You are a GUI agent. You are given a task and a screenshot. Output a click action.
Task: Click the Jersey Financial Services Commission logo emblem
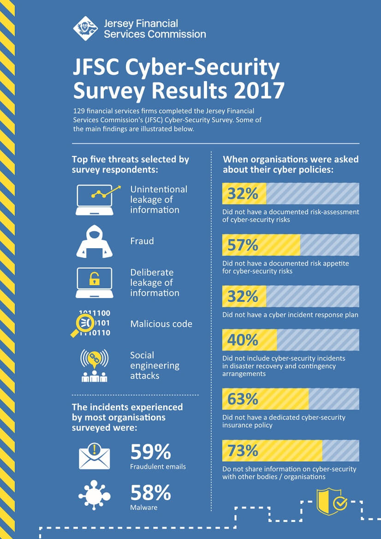[x=85, y=28]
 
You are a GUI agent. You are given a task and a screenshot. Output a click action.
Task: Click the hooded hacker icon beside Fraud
[x=94, y=241]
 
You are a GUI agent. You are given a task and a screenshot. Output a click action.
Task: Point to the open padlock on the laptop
[x=94, y=279]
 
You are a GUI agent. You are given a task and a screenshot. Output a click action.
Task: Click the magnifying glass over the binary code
[x=83, y=323]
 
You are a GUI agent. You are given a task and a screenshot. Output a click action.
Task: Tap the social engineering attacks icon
[x=94, y=365]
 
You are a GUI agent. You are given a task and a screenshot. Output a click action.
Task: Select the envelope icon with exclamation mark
[x=95, y=455]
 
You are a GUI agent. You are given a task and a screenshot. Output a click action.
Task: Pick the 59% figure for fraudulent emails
[x=150, y=452]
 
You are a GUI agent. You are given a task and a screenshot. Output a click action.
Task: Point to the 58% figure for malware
[x=150, y=493]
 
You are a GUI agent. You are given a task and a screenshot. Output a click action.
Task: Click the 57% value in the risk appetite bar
[x=243, y=245]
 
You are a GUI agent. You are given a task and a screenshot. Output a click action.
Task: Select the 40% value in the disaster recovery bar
[x=243, y=340]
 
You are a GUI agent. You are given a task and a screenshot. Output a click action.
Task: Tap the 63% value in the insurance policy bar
[x=243, y=399]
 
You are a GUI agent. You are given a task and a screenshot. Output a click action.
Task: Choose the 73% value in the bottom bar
[x=243, y=451]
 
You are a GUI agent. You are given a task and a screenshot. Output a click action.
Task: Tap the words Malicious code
[x=161, y=324]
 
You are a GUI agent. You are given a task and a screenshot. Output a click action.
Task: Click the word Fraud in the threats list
[x=142, y=241]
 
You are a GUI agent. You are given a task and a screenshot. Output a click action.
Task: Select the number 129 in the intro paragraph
[x=79, y=111]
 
